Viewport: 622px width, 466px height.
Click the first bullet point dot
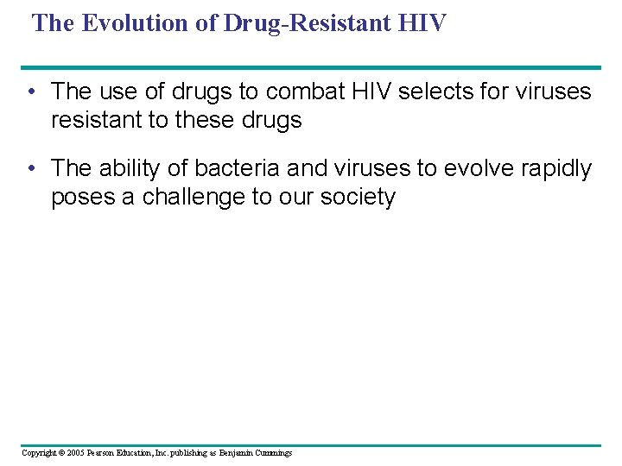pos(31,91)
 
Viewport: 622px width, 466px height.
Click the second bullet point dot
pos(31,169)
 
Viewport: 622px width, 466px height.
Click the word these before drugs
pos(206,120)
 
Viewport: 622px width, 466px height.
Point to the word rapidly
pos(558,169)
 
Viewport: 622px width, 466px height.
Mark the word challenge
pos(193,198)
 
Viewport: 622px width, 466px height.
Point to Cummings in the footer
pos(272,453)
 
